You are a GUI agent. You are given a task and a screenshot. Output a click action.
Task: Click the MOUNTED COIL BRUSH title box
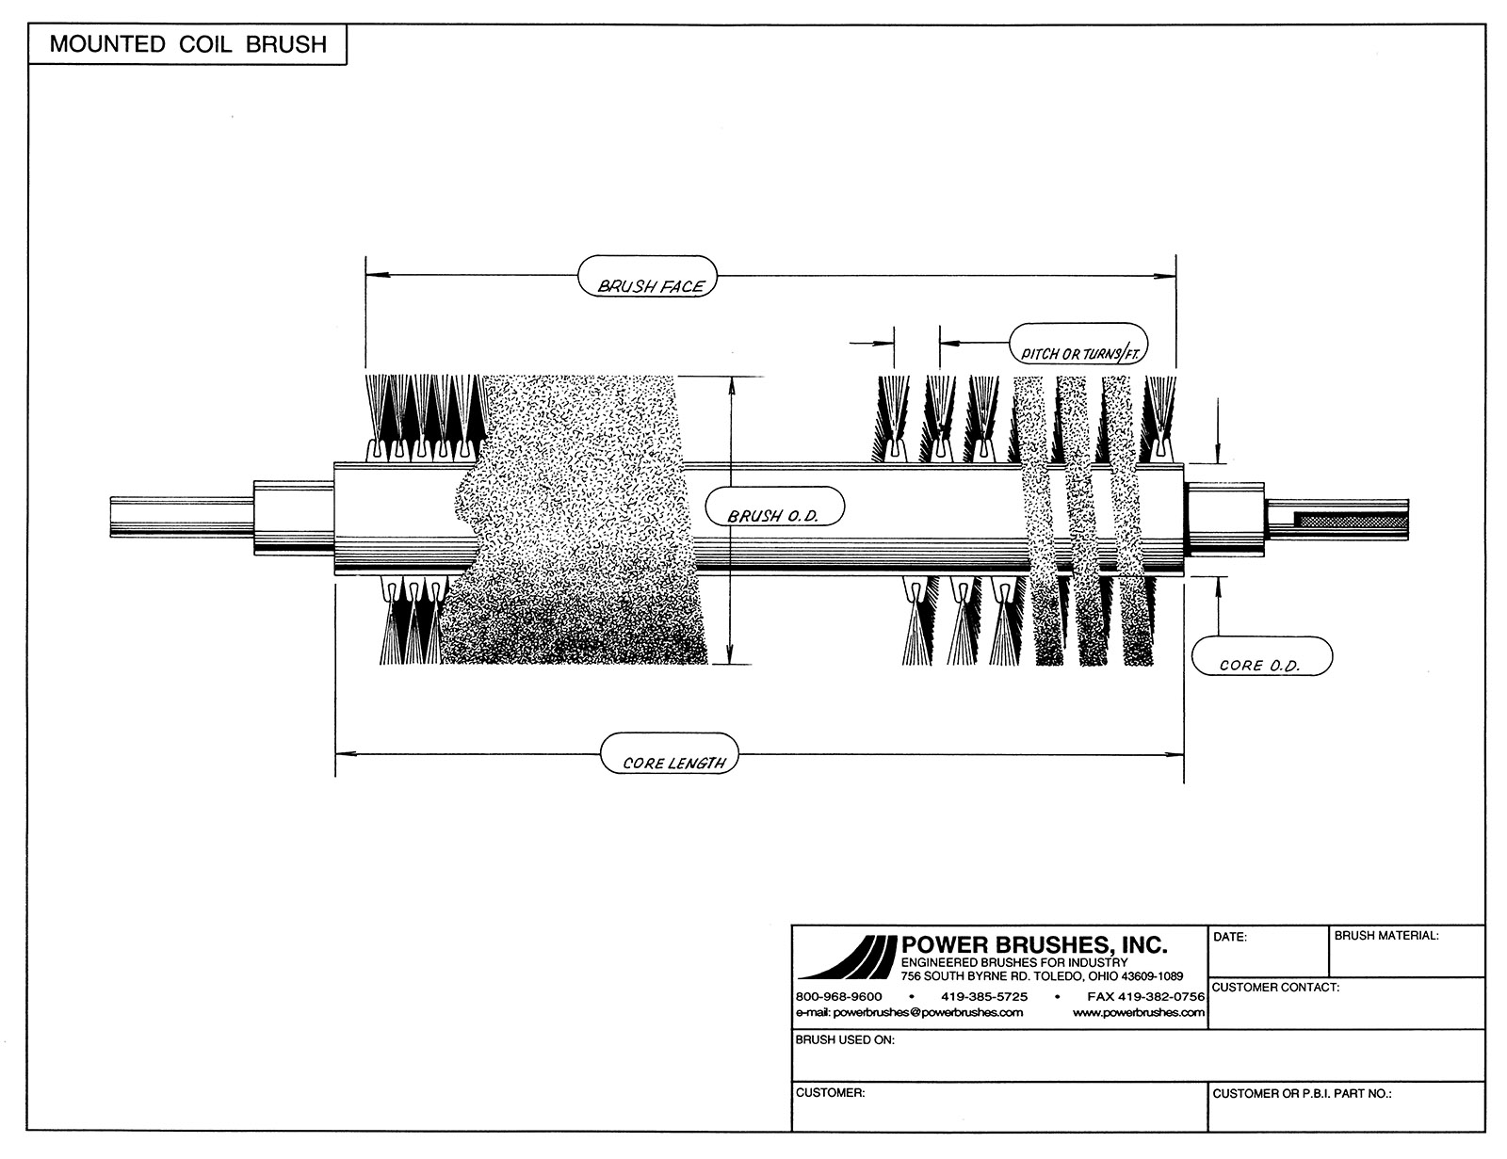(x=187, y=44)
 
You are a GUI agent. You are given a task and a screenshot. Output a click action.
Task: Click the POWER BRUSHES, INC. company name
(x=1034, y=944)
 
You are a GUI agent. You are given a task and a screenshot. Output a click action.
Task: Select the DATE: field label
(x=1230, y=938)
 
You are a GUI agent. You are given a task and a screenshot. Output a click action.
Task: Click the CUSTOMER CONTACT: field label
(x=1276, y=988)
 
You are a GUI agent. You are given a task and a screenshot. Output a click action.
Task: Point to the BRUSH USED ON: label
(x=845, y=1040)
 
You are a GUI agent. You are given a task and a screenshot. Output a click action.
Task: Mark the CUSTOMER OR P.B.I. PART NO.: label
(x=1303, y=1094)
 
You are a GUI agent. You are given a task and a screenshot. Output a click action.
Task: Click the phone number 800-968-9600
(x=839, y=996)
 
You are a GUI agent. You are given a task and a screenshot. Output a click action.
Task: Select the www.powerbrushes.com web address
(x=1139, y=1012)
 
